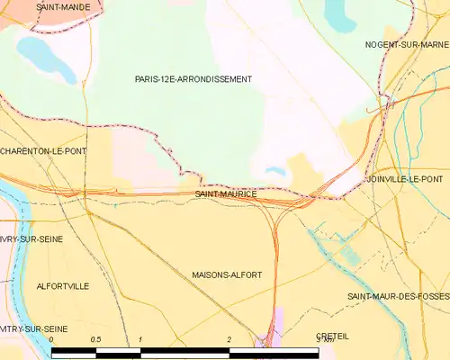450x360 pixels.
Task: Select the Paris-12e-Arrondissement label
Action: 193,79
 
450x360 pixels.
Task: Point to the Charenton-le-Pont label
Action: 43,151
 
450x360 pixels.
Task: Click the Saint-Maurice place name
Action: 226,193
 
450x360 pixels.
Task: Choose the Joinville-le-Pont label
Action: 404,180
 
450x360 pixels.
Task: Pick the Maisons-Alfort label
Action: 227,274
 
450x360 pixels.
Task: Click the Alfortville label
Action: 62,285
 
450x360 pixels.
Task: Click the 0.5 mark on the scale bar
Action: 95,339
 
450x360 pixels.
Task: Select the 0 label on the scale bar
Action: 52,339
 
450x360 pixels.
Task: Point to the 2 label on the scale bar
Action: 229,339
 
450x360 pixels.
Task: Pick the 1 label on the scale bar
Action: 140,339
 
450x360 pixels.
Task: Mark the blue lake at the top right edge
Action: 341,13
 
